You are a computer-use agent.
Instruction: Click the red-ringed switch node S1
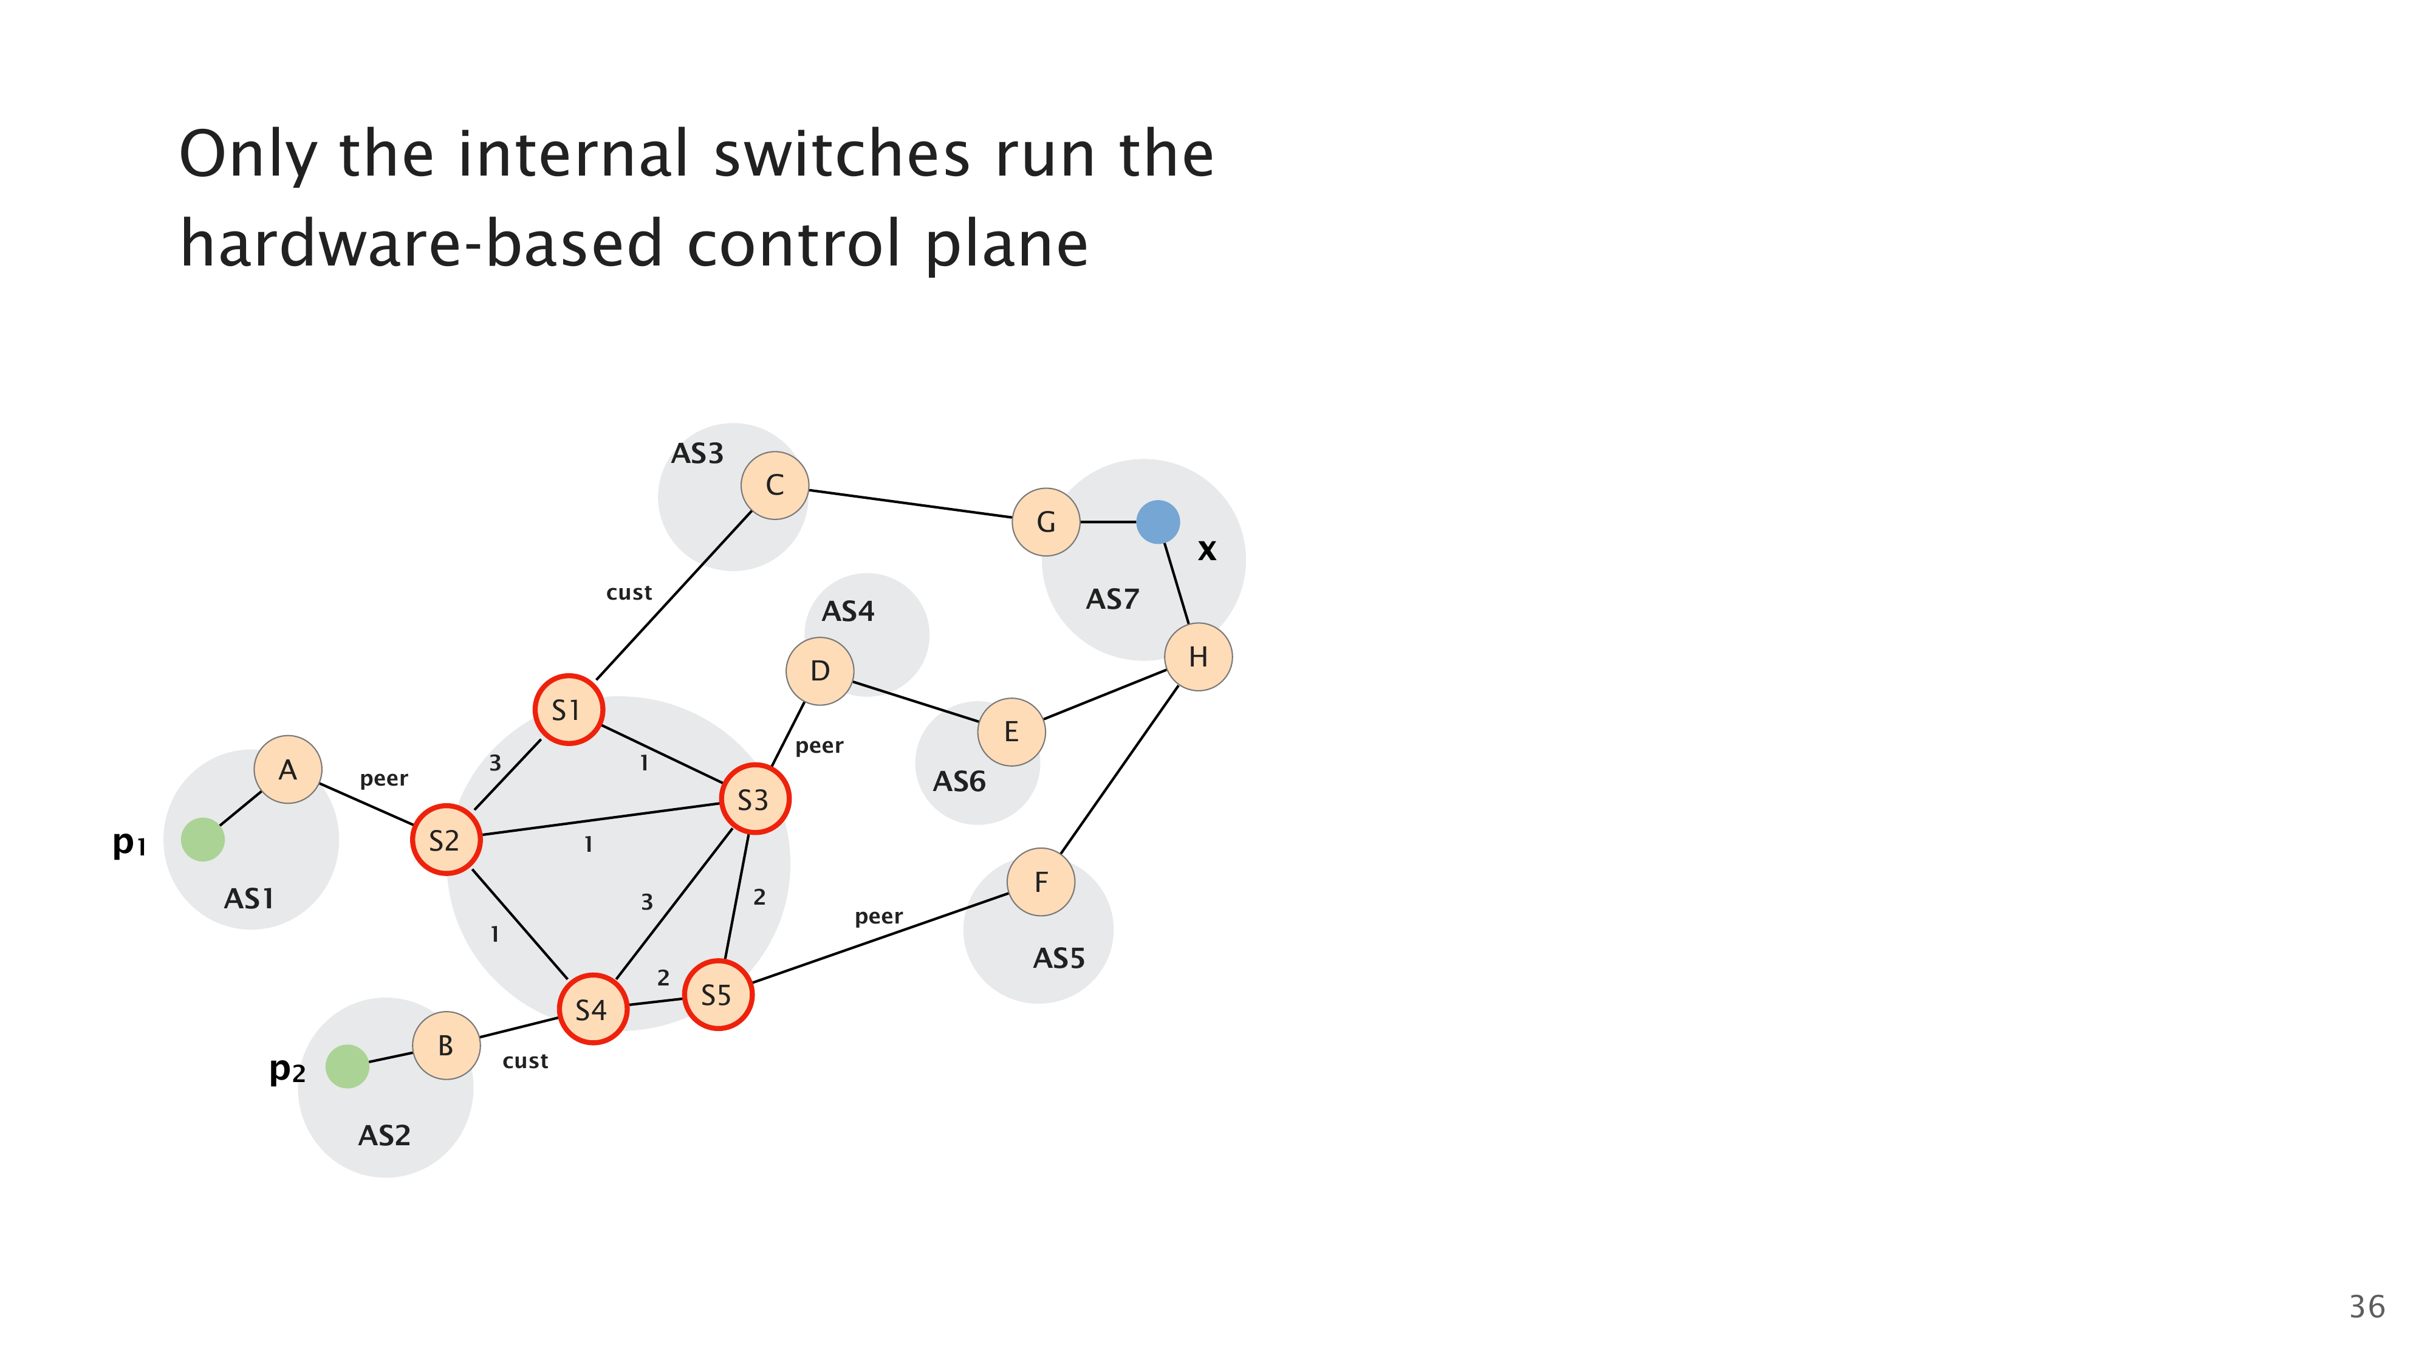tap(568, 710)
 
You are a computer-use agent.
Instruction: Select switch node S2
tap(445, 840)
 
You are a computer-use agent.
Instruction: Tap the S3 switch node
tap(754, 799)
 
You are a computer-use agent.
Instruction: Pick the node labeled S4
tap(592, 1009)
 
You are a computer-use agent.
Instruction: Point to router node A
tap(288, 770)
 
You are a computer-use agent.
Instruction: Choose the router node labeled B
tap(446, 1045)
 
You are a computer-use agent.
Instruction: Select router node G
tap(1045, 522)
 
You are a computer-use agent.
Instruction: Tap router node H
tap(1198, 657)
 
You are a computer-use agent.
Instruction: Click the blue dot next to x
tap(1157, 522)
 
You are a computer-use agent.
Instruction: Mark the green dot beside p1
tap(203, 838)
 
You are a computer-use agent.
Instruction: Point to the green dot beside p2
tap(347, 1066)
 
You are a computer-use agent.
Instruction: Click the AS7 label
tap(1112, 599)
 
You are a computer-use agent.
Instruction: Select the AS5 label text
tap(1058, 959)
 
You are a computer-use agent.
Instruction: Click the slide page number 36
tap(2366, 1307)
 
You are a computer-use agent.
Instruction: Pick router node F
tap(1041, 882)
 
